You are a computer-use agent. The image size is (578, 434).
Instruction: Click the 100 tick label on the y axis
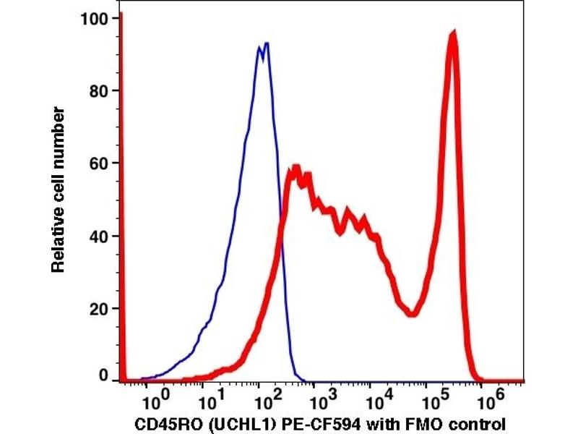point(93,19)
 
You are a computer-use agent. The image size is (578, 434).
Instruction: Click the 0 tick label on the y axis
point(103,376)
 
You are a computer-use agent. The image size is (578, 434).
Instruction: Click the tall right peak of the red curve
point(453,33)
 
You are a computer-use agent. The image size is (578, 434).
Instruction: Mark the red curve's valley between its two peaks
point(412,313)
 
